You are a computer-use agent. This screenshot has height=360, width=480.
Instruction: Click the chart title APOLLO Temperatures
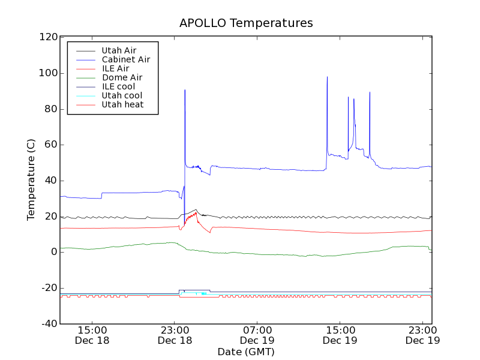click(246, 23)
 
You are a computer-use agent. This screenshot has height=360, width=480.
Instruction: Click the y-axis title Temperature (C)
click(31, 180)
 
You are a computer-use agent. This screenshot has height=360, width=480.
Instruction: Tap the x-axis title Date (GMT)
click(246, 352)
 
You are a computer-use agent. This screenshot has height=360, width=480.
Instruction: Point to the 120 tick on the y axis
click(48, 37)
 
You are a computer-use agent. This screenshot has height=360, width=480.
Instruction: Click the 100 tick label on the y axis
click(48, 73)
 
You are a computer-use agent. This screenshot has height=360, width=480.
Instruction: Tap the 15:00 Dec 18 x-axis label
click(92, 335)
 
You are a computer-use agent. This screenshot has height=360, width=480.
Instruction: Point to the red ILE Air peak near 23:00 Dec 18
click(196, 212)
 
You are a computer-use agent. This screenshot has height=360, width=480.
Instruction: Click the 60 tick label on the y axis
click(50, 145)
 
